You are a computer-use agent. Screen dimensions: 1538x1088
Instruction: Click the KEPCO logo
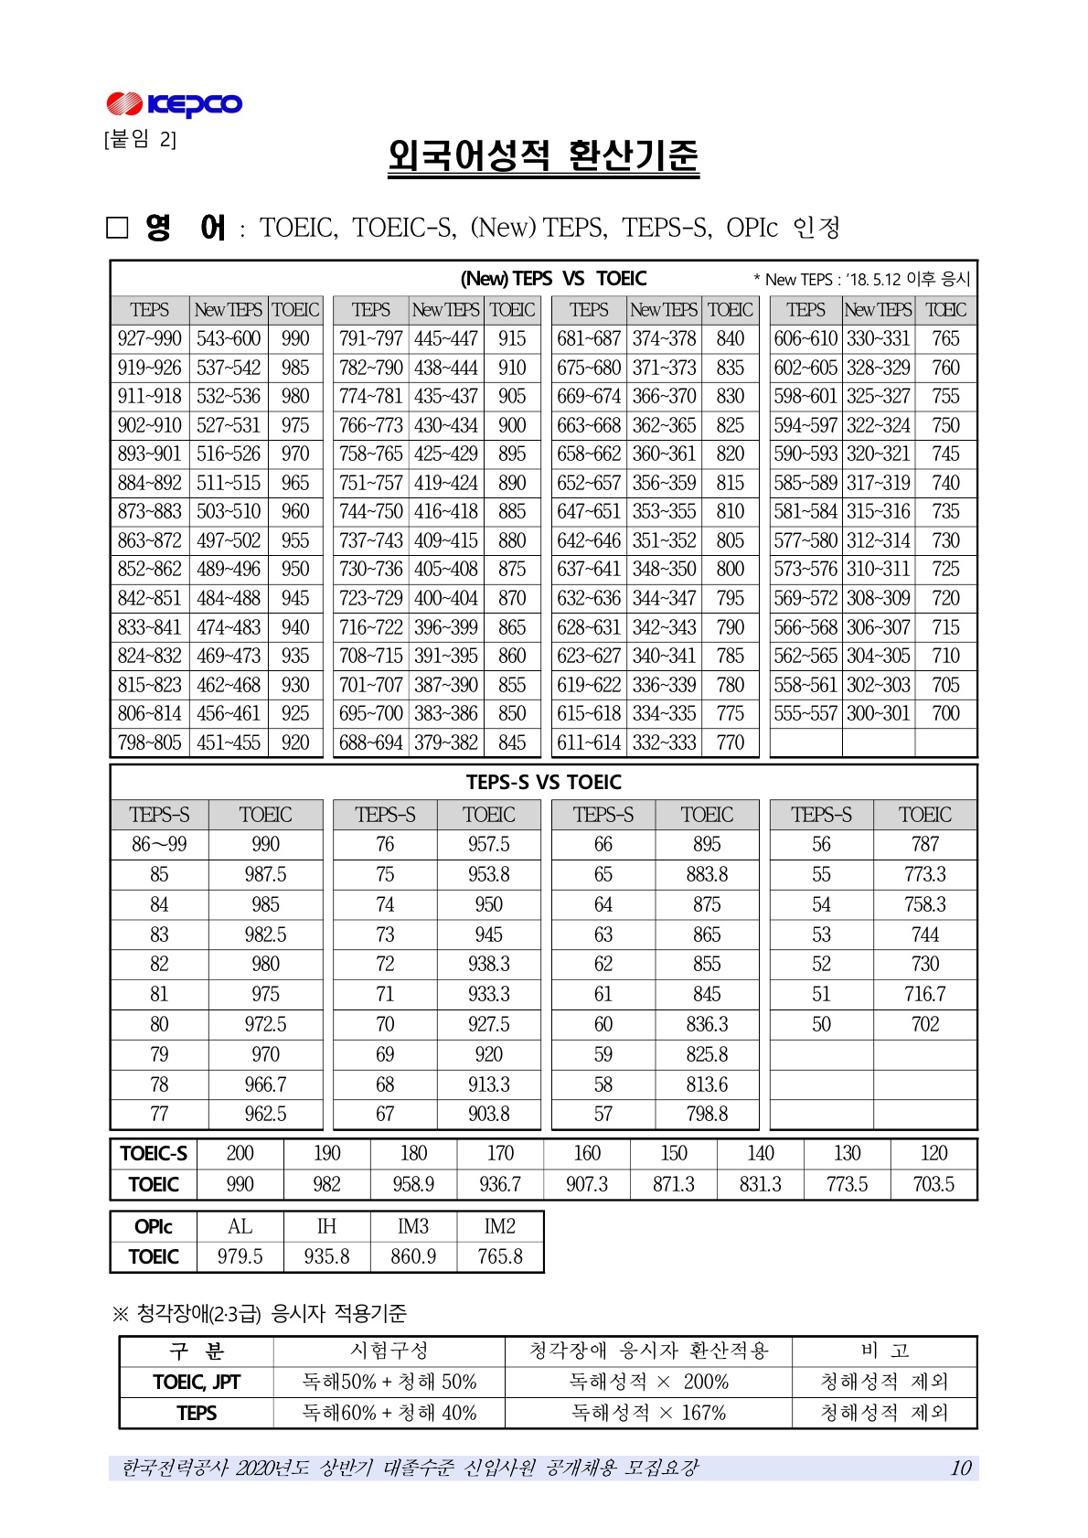tap(174, 104)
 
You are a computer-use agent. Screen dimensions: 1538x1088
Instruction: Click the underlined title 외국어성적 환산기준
tap(543, 156)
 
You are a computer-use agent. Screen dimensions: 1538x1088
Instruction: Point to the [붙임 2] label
tap(140, 139)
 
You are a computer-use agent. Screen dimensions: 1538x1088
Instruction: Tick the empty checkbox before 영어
tap(118, 228)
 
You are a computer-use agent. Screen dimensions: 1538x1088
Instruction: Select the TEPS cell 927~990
tap(150, 338)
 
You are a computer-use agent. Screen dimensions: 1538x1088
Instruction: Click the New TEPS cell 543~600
tap(229, 338)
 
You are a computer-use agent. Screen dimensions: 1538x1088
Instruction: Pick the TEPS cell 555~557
tap(805, 713)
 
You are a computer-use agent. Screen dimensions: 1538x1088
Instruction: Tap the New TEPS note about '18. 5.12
tap(861, 279)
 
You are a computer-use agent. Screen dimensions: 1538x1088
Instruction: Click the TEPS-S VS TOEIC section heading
tap(543, 782)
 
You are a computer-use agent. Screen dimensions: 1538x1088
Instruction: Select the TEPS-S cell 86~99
tap(159, 844)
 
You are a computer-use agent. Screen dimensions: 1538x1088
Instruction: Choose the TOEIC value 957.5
tap(488, 844)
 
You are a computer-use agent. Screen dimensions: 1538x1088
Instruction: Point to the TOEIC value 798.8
tap(707, 1114)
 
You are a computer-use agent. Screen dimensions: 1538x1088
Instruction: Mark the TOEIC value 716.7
tap(924, 994)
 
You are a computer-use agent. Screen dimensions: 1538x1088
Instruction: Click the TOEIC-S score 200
tap(240, 1153)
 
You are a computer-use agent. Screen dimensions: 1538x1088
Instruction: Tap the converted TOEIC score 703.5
tap(933, 1184)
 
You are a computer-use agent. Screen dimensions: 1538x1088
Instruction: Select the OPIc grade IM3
tap(413, 1226)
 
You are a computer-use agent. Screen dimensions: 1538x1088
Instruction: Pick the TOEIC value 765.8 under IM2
tap(500, 1256)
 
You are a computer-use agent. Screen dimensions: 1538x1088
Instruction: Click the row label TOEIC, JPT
tap(197, 1382)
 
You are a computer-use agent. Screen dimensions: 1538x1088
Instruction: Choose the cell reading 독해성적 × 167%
tap(648, 1413)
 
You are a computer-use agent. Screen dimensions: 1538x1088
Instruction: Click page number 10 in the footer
tap(960, 1468)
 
